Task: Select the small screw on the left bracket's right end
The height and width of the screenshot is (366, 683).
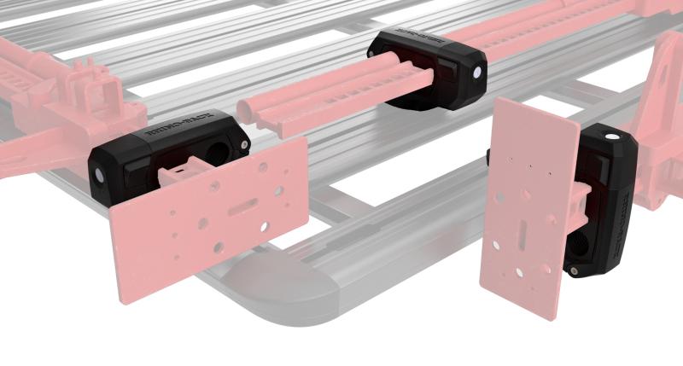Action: (247, 147)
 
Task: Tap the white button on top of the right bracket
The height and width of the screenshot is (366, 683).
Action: (611, 137)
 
